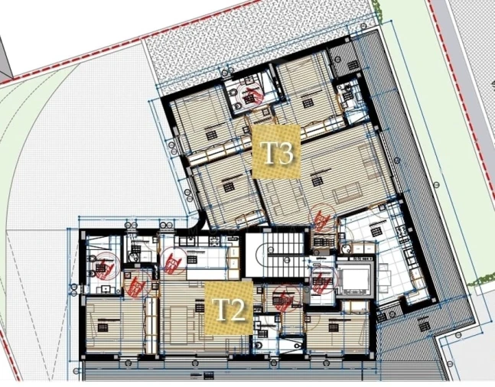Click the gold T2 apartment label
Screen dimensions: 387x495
point(228,309)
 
